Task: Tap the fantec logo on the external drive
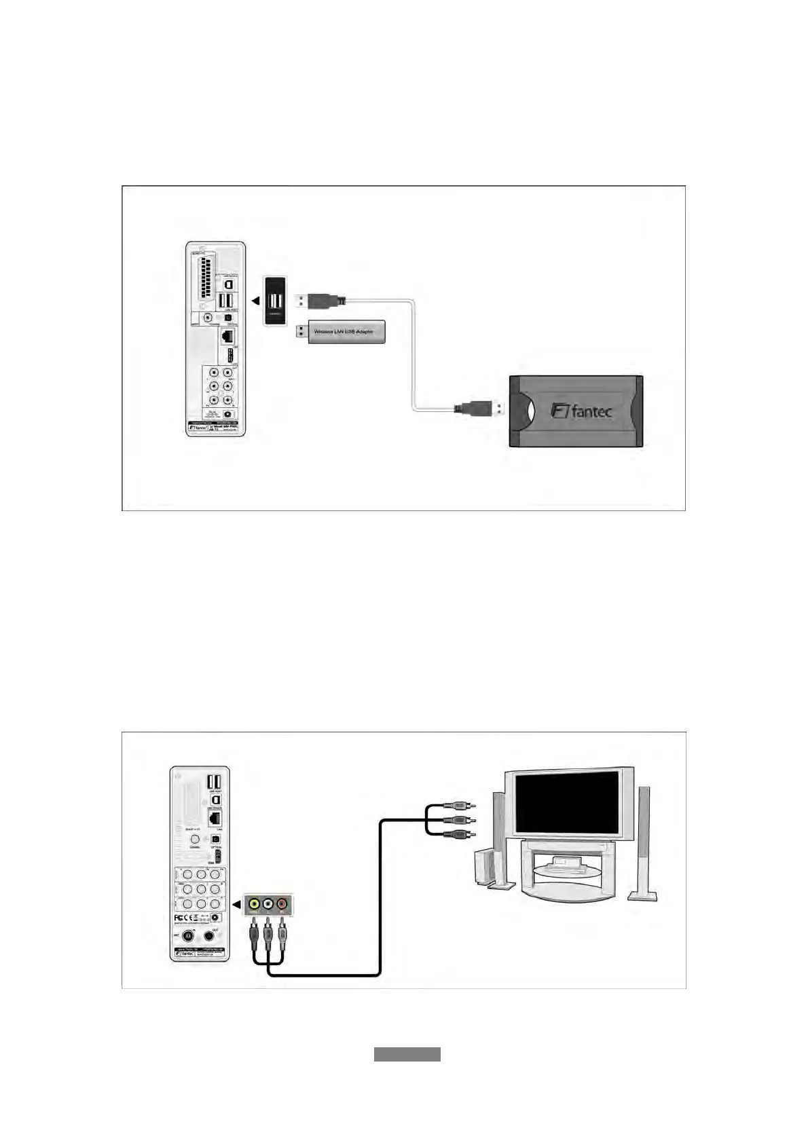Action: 582,411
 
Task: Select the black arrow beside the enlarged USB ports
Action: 255,301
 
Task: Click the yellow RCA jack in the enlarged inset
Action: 254,904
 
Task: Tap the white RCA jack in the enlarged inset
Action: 268,904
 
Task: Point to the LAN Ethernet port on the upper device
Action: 229,335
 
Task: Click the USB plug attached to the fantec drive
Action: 480,409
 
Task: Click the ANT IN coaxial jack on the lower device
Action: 189,936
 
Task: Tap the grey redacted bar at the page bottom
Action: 407,1054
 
